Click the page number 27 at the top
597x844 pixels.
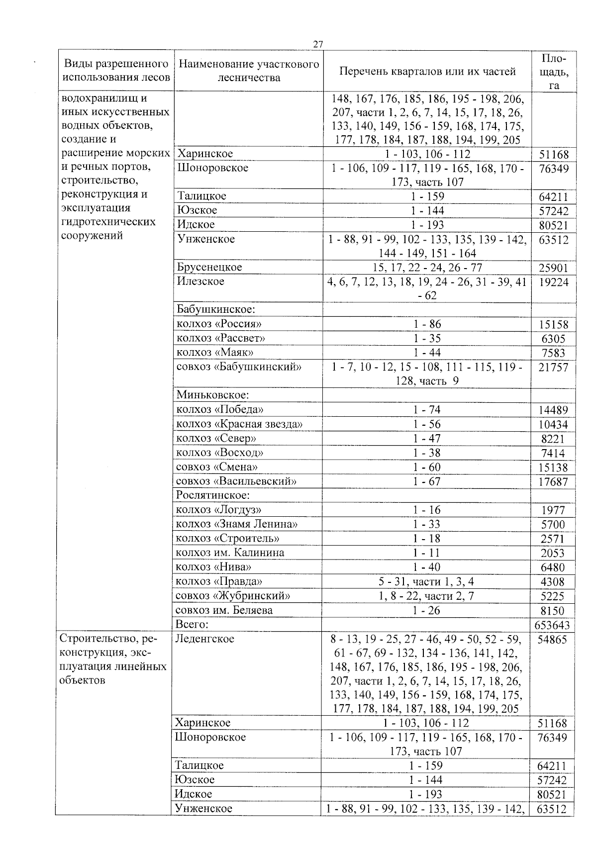318,44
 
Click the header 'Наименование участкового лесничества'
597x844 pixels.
248,71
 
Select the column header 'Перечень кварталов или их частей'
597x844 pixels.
427,71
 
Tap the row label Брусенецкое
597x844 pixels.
209,267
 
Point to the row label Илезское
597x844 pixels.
200,281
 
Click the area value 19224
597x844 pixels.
553,282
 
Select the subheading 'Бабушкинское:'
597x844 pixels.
216,309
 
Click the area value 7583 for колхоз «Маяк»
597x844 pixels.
554,354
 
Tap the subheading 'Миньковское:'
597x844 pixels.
212,395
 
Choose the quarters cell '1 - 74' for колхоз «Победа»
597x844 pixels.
427,410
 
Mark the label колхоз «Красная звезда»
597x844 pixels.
239,424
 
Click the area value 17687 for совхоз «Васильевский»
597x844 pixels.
553,482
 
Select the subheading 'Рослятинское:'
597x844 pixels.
213,495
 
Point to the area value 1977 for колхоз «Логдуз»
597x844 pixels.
553,510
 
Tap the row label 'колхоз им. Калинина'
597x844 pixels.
230,553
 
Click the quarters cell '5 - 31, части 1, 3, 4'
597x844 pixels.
427,581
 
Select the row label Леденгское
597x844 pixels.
204,639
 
